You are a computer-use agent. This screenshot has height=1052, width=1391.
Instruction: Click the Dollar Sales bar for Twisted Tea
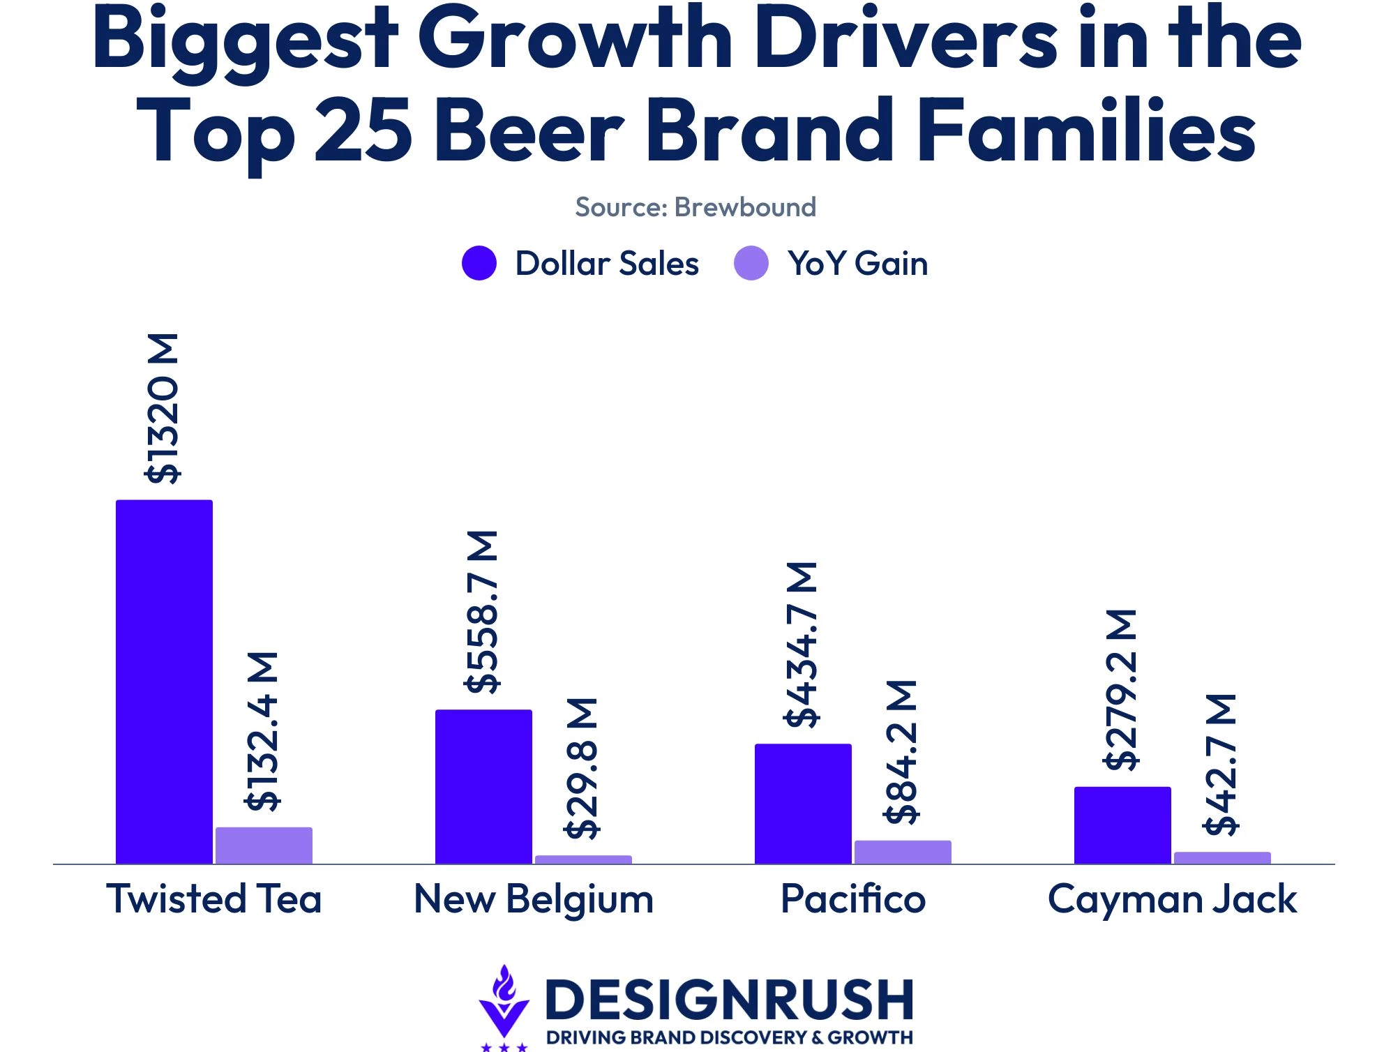(164, 682)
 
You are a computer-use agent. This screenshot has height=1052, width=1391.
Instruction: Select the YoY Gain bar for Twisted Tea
(264, 846)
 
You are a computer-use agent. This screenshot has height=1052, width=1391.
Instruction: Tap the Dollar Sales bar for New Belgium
(483, 787)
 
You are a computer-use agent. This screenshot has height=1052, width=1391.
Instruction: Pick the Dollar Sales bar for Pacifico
(803, 804)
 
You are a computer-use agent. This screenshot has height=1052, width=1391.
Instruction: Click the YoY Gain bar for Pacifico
(903, 852)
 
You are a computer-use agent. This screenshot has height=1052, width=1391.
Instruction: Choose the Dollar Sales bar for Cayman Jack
(1122, 825)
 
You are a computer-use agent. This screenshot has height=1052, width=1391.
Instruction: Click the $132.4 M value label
(263, 731)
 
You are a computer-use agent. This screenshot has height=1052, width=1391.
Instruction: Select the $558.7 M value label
(482, 612)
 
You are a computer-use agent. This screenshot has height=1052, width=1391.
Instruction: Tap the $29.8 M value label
(582, 768)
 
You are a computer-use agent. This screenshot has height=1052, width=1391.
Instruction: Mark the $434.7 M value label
(802, 645)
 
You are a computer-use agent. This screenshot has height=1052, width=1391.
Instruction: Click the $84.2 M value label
(901, 752)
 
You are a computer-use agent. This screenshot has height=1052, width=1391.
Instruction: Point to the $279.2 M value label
(1121, 690)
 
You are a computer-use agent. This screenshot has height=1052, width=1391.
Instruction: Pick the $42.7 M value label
(1221, 765)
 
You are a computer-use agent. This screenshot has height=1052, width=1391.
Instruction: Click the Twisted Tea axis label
(214, 899)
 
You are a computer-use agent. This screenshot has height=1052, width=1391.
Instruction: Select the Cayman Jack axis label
(1173, 900)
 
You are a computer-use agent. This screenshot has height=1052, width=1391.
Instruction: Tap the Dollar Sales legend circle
(479, 263)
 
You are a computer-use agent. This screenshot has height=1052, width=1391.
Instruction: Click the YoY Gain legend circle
(751, 263)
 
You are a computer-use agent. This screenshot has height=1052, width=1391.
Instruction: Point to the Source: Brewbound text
(695, 207)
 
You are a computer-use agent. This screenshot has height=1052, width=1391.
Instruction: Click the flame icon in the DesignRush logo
(504, 984)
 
